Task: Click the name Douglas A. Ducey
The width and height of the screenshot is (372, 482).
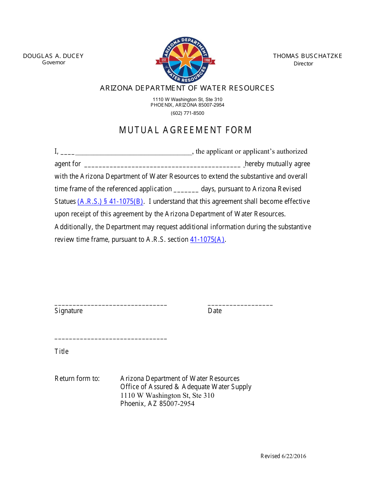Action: (53, 56)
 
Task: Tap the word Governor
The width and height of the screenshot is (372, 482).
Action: (54, 63)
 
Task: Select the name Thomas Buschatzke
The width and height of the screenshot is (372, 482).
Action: (307, 56)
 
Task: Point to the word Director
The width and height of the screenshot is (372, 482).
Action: (303, 63)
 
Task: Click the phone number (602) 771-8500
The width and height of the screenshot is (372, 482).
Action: (187, 113)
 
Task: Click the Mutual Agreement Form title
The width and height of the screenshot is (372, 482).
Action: (186, 130)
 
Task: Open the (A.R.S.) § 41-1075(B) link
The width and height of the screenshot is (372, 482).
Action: (111, 201)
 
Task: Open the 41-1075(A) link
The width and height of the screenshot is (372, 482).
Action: (207, 239)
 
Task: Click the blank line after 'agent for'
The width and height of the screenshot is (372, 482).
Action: (162, 165)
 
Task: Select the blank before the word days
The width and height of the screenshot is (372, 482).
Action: (186, 190)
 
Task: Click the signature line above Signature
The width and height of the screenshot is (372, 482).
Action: (111, 304)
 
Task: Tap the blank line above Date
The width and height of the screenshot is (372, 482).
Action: (240, 304)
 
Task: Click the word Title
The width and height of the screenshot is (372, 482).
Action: (61, 352)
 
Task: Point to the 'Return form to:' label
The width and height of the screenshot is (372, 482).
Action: (77, 379)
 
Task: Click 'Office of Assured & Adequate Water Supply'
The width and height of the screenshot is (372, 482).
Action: (186, 387)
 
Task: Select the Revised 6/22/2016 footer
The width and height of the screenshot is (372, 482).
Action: (283, 456)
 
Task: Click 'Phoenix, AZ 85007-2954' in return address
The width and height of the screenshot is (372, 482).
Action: (157, 404)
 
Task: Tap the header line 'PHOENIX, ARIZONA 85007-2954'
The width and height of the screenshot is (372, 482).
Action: (187, 105)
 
